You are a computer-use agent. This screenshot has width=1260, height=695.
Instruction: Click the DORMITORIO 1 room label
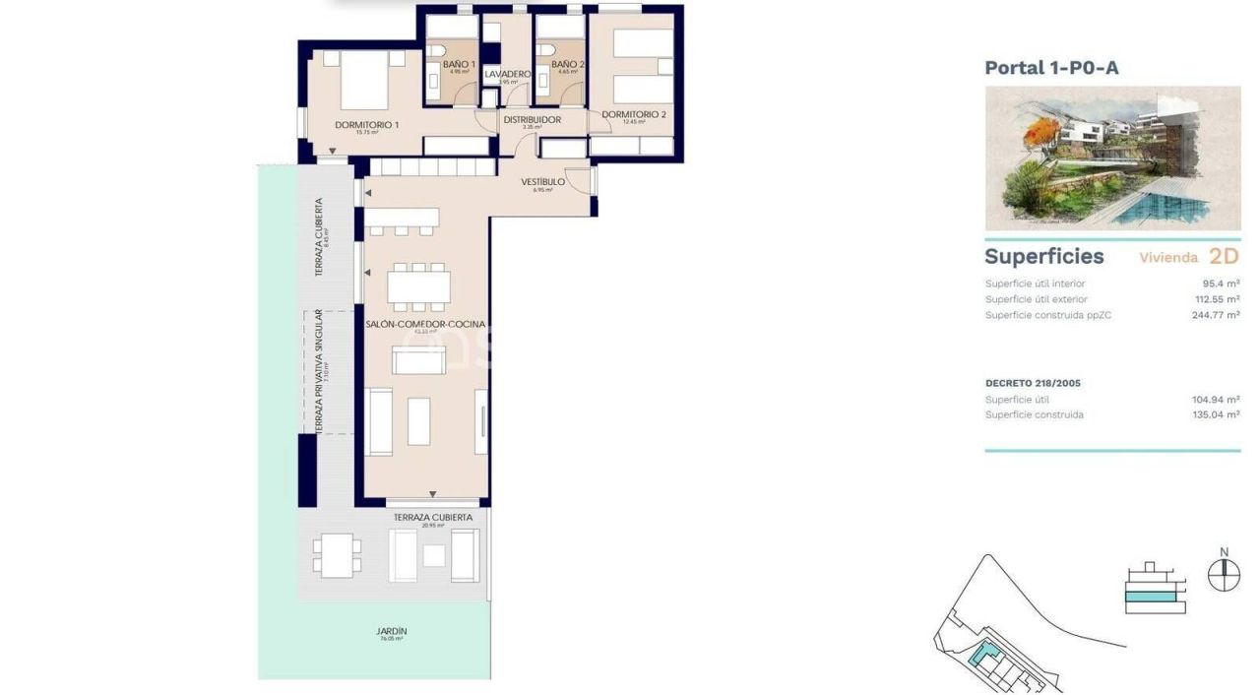pyautogui.click(x=366, y=125)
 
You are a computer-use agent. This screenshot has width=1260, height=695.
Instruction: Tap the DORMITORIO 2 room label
pyautogui.click(x=634, y=115)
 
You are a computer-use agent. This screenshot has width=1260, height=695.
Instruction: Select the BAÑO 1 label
pyautogui.click(x=459, y=65)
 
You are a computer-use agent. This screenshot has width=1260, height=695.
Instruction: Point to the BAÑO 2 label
pyautogui.click(x=567, y=65)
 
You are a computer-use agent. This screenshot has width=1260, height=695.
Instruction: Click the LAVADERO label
pyautogui.click(x=508, y=75)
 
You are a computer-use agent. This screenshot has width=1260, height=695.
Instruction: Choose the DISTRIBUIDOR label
pyautogui.click(x=532, y=120)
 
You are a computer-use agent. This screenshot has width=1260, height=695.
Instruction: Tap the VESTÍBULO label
pyautogui.click(x=542, y=182)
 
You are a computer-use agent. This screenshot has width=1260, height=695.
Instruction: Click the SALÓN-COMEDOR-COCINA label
pyautogui.click(x=425, y=324)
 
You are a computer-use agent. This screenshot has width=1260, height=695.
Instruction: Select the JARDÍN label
pyautogui.click(x=391, y=632)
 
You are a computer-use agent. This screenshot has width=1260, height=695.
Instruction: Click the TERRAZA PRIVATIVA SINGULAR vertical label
pyautogui.click(x=319, y=372)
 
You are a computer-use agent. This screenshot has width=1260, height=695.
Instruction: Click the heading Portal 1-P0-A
pyautogui.click(x=1051, y=68)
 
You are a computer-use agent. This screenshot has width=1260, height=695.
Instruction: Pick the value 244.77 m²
pyautogui.click(x=1215, y=315)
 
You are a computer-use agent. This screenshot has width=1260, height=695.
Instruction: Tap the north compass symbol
pyautogui.click(x=1224, y=573)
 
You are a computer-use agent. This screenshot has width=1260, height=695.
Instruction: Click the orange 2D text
pyautogui.click(x=1223, y=257)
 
